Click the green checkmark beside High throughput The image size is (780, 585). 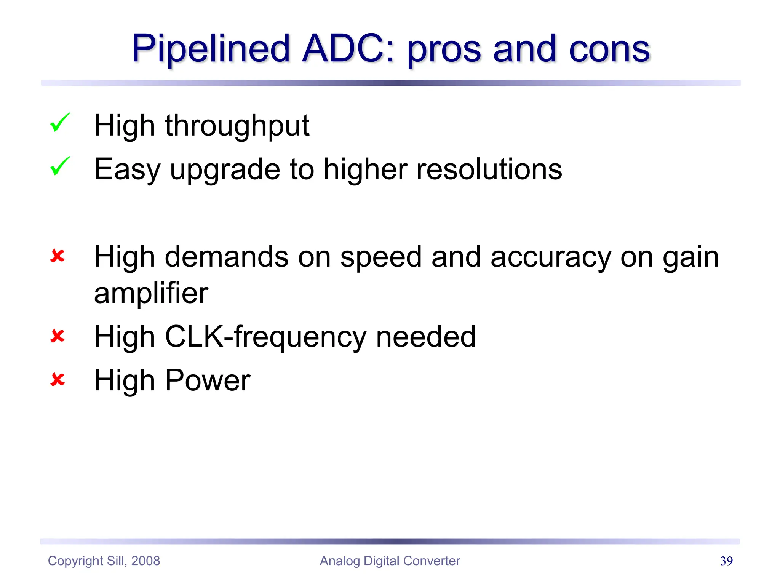[60, 123]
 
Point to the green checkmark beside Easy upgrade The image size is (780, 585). [60, 166]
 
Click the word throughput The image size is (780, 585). [237, 126]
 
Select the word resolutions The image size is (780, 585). [489, 169]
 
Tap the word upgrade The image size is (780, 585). [225, 170]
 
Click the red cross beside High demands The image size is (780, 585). [58, 256]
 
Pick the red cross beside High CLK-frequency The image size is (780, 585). [58, 336]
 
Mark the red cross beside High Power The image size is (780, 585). [58, 380]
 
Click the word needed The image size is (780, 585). [426, 337]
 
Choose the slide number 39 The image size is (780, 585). [726, 561]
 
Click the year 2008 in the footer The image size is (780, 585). [145, 561]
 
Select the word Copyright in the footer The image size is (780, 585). [75, 561]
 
